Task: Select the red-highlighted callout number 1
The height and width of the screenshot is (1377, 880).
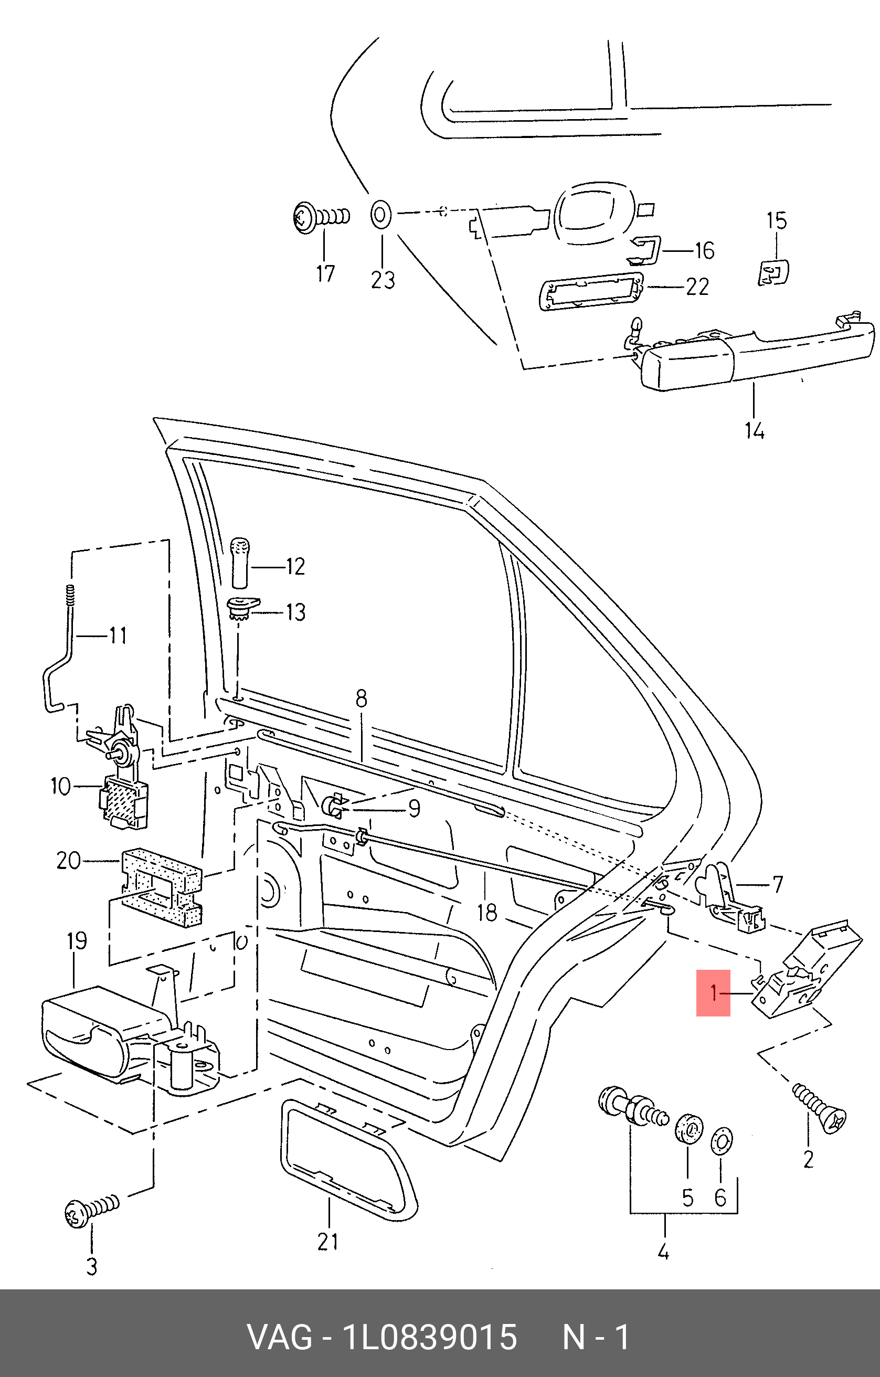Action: tap(713, 992)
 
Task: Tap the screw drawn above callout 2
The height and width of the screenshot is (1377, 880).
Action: tap(819, 1105)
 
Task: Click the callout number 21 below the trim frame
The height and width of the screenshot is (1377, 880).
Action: tap(327, 1242)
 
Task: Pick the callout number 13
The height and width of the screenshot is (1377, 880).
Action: tap(295, 612)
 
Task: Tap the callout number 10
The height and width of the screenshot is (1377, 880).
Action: tap(61, 786)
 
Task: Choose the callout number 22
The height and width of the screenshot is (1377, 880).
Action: tap(697, 286)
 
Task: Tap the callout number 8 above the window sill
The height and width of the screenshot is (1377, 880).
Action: tap(361, 699)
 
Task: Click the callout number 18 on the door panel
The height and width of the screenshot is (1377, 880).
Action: tap(486, 913)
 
